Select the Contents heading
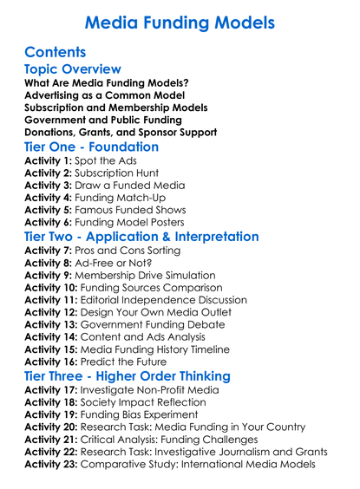(x=56, y=52)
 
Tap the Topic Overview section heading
(x=73, y=69)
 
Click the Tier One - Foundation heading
(x=92, y=147)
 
